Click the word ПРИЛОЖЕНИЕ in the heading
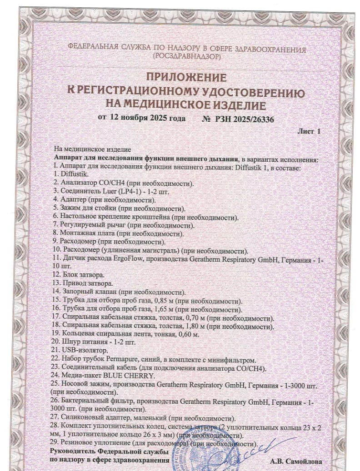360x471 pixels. [x=185, y=77]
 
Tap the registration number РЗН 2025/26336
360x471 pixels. [x=245, y=119]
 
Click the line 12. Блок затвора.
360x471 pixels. [x=79, y=275]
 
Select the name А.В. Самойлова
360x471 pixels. [x=296, y=461]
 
